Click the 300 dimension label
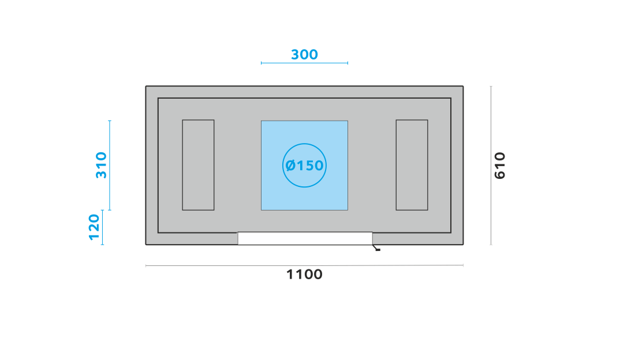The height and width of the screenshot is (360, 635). pyautogui.click(x=305, y=54)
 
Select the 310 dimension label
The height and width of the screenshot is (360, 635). pyautogui.click(x=101, y=165)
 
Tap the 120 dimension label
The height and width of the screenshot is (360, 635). pyautogui.click(x=94, y=227)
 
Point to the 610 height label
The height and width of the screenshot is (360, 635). pyautogui.click(x=500, y=165)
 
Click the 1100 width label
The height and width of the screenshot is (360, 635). pyautogui.click(x=305, y=275)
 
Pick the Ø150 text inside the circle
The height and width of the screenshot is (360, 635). pyautogui.click(x=305, y=165)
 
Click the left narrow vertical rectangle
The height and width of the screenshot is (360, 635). pyautogui.click(x=198, y=165)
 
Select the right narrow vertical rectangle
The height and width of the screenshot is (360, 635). pyautogui.click(x=412, y=165)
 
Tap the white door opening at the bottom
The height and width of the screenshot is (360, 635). pyautogui.click(x=305, y=238)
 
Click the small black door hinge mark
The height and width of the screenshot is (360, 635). pyautogui.click(x=376, y=248)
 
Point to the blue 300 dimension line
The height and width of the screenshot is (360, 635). pyautogui.click(x=305, y=63)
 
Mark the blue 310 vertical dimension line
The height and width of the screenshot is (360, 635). pyautogui.click(x=110, y=165)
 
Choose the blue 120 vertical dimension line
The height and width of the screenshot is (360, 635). pyautogui.click(x=102, y=227)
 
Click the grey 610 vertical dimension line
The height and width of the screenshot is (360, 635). pyautogui.click(x=491, y=165)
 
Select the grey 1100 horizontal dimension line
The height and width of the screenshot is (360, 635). pyautogui.click(x=305, y=265)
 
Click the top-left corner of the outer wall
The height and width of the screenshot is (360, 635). pyautogui.click(x=146, y=86)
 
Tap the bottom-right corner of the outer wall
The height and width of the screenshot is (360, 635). pyautogui.click(x=464, y=245)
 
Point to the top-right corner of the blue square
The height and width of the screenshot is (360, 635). pyautogui.click(x=348, y=121)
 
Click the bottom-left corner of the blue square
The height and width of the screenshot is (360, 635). pyautogui.click(x=261, y=210)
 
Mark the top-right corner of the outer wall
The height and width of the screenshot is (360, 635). pyautogui.click(x=464, y=86)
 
